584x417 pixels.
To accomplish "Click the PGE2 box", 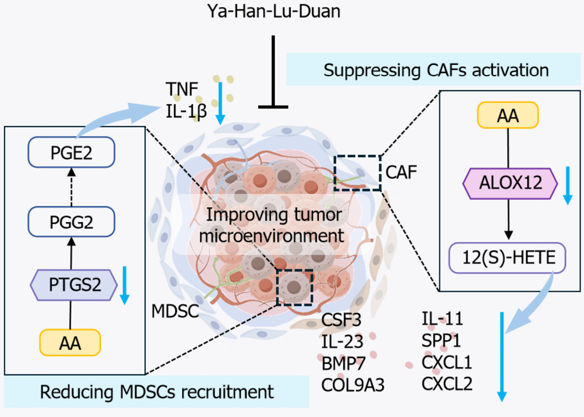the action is click(72, 152).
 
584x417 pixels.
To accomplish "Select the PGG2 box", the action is click(72, 222).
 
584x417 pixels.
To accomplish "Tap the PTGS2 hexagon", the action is click(74, 285).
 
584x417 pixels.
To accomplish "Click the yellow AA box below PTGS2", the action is click(70, 343).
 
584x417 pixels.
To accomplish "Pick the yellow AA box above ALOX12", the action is click(508, 115).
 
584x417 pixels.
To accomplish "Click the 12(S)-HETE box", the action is click(508, 258).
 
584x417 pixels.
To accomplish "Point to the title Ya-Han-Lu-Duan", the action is click(274, 11).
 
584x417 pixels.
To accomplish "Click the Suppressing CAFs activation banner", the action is click(434, 69).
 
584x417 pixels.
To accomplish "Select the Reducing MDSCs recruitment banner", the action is click(156, 392).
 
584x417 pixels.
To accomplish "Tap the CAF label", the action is click(401, 172).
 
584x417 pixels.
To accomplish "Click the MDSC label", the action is click(175, 311).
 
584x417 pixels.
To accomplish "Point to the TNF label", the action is click(182, 89).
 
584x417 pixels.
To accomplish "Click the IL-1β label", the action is click(186, 111).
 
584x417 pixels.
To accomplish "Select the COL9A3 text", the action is click(353, 385).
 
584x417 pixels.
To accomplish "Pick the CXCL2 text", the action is click(447, 384).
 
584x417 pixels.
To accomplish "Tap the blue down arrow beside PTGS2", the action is click(125, 285).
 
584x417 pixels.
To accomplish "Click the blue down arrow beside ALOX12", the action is click(568, 185).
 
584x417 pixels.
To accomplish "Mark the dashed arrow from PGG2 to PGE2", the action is click(72, 188).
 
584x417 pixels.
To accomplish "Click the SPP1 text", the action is click(441, 341).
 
